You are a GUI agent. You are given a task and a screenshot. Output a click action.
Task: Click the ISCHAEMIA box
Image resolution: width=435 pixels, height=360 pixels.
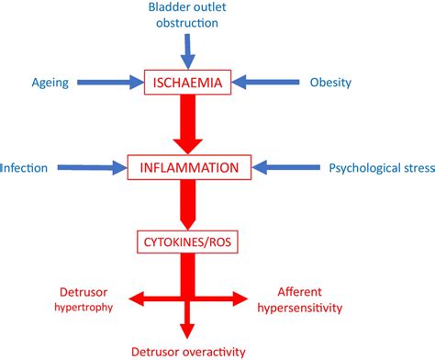click(188, 83)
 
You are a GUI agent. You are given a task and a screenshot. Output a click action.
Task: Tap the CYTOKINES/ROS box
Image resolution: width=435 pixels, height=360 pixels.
click(189, 242)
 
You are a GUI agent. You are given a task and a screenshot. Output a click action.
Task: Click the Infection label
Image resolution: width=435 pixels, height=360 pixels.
click(25, 168)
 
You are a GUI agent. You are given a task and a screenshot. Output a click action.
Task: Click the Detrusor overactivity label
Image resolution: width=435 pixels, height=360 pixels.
click(190, 350)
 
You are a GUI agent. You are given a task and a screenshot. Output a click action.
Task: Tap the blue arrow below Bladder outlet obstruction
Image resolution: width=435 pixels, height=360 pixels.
click(187, 46)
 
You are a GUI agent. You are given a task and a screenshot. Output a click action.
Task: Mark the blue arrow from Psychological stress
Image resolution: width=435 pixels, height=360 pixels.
click(284, 168)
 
